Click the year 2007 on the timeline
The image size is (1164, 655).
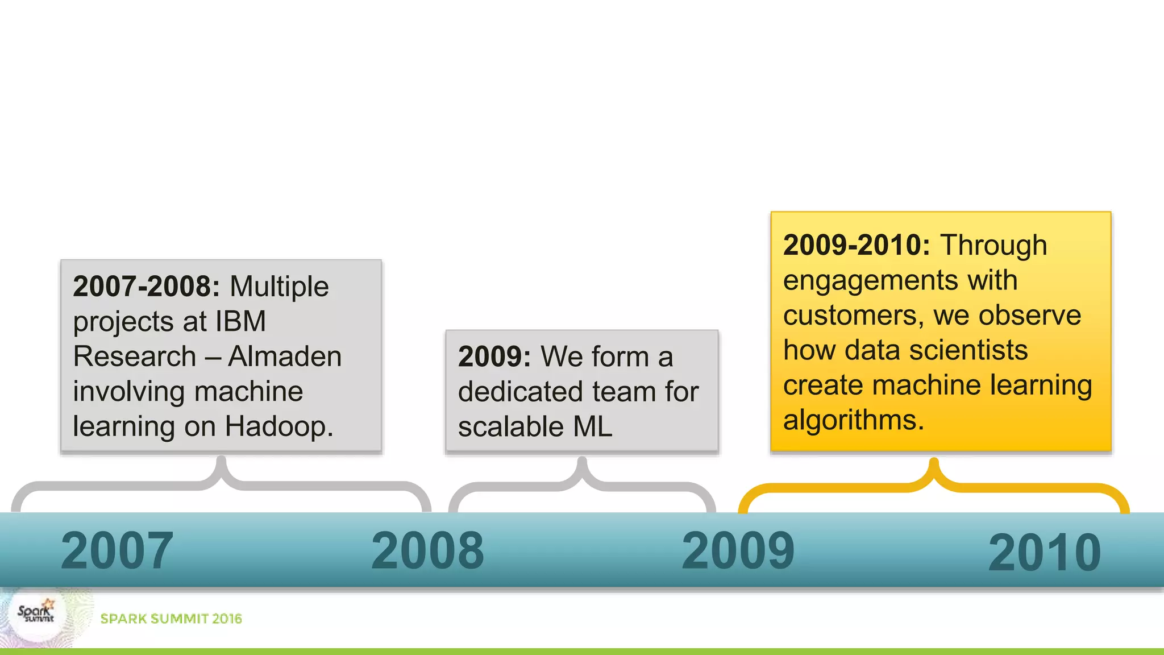pos(117,550)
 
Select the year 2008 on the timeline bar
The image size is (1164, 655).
pos(427,550)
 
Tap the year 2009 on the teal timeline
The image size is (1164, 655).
pos(738,550)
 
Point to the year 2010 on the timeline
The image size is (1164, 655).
pos(1045,553)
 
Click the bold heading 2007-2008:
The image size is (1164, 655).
pos(146,286)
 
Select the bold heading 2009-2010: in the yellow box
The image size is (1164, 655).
pos(857,245)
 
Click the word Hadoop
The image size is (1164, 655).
pos(278,426)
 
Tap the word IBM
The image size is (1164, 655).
pos(240,321)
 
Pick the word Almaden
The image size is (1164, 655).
pos(285,356)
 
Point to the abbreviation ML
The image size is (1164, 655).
pos(593,426)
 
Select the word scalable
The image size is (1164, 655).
pos(511,426)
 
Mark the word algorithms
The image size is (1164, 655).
pos(853,420)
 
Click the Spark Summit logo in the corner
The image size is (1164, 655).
pos(36,615)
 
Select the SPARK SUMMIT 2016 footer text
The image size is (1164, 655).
pos(171,619)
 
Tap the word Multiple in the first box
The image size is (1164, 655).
pos(279,286)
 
